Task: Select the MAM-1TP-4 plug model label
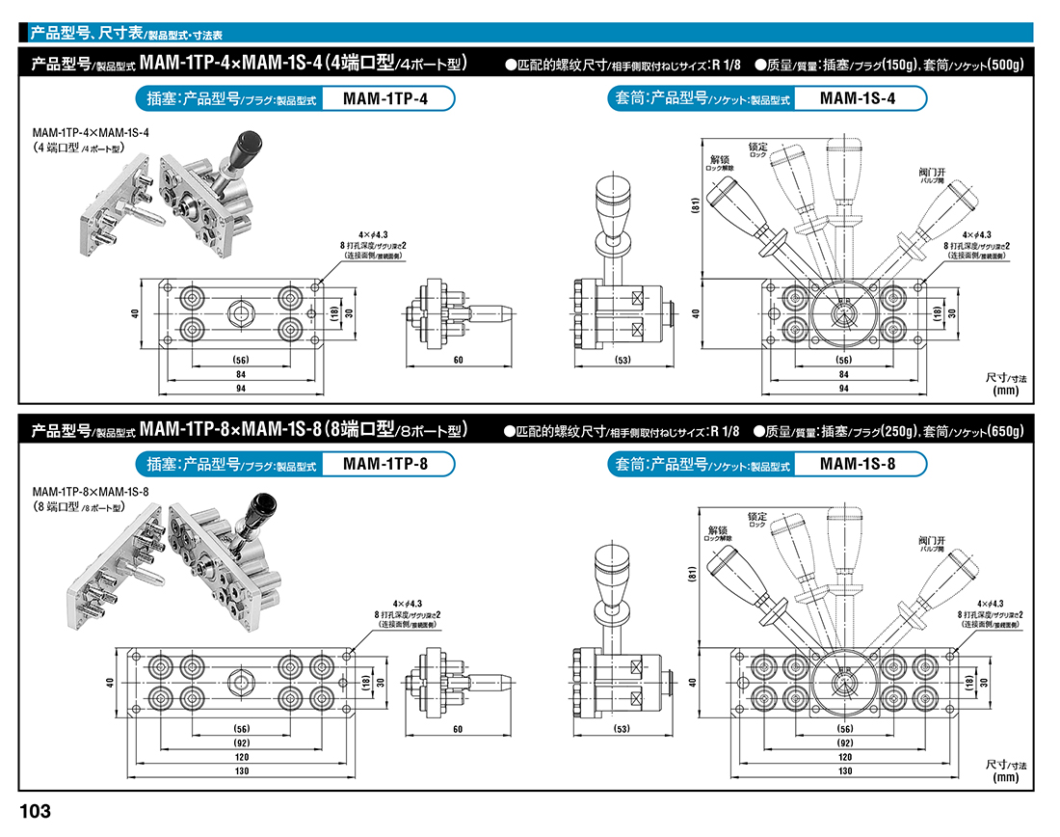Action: click(x=384, y=98)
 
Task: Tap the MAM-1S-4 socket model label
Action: click(x=858, y=98)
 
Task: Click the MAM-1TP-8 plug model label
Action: click(x=384, y=464)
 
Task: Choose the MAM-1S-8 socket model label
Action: click(x=858, y=464)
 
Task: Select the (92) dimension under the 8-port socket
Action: click(x=845, y=743)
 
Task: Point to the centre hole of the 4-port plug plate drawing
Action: click(x=238, y=312)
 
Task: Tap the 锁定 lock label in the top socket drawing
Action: click(x=757, y=147)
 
